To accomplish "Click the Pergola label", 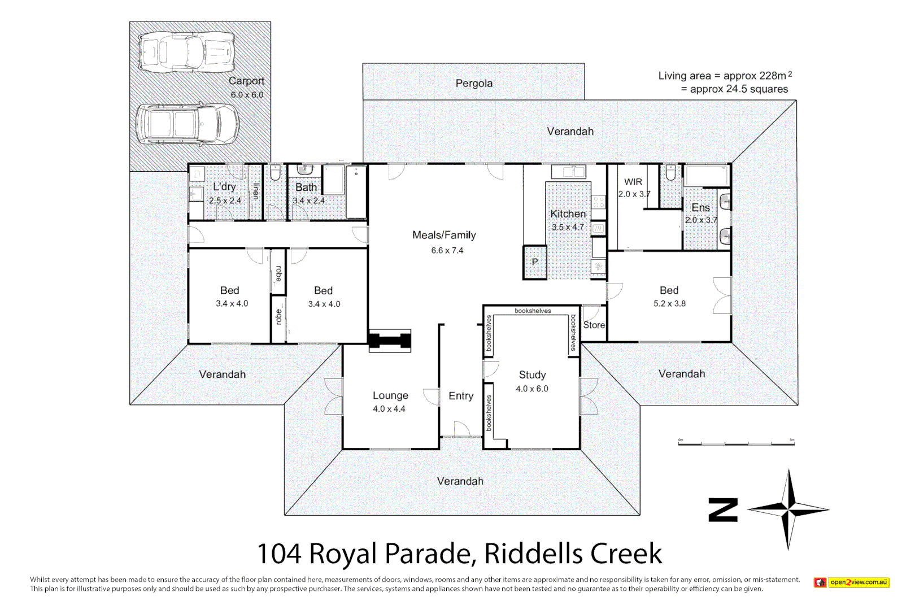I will [474, 84].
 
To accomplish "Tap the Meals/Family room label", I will [444, 235].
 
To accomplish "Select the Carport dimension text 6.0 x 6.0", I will [247, 95].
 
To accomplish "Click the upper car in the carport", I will [187, 53].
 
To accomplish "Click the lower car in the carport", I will [187, 124].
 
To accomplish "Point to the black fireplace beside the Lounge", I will [390, 341].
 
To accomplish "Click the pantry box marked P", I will [535, 262].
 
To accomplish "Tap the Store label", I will [594, 325].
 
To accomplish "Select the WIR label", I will [633, 182].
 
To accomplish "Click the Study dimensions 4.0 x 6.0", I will [531, 389].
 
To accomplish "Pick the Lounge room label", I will [390, 395].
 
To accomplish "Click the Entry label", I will [461, 396].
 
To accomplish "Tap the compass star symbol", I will [788, 509].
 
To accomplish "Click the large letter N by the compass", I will [723, 510].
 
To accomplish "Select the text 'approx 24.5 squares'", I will [739, 89].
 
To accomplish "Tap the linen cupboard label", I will [256, 191].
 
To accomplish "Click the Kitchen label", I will [568, 213].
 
